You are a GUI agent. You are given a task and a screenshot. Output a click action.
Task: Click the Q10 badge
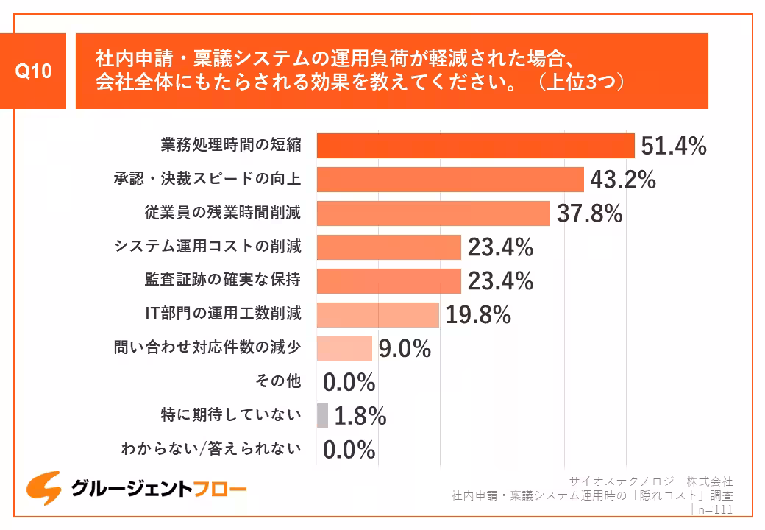(x=34, y=71)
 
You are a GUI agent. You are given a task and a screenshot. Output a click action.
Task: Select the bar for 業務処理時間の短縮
(x=475, y=146)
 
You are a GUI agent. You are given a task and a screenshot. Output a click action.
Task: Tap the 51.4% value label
(x=673, y=146)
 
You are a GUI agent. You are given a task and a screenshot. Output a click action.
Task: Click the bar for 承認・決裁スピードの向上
(x=450, y=180)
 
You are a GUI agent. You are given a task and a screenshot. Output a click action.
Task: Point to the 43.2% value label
(x=623, y=180)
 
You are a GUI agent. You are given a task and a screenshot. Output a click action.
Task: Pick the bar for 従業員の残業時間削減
(x=433, y=213)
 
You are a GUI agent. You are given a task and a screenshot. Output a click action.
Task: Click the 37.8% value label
(x=589, y=214)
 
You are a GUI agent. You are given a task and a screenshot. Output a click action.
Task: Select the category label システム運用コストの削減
(x=207, y=247)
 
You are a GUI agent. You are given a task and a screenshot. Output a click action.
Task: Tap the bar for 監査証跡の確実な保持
(x=388, y=280)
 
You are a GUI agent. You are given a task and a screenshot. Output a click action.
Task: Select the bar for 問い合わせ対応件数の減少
(x=344, y=348)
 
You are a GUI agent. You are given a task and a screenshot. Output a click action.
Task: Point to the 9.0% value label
(x=404, y=349)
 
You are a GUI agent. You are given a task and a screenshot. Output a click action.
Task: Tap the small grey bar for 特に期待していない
(x=322, y=416)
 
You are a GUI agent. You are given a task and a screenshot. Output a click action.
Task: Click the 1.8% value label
(x=360, y=417)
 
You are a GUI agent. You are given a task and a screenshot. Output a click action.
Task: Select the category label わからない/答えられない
(x=211, y=448)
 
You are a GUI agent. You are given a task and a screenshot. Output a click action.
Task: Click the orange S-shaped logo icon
(x=43, y=488)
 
